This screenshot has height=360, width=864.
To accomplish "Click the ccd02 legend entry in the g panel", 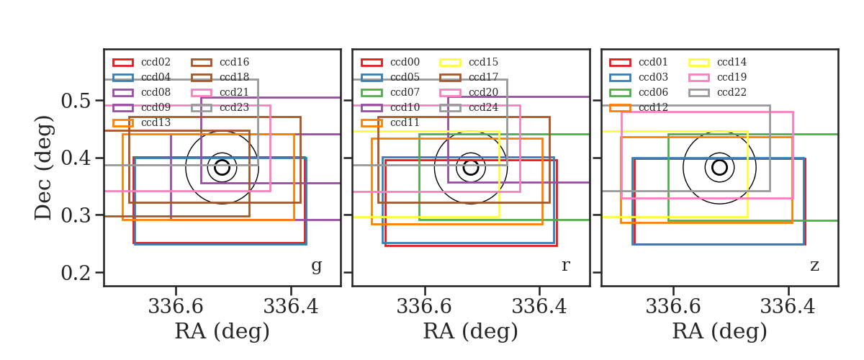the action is tap(142, 62).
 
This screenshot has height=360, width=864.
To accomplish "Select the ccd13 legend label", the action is tap(156, 122).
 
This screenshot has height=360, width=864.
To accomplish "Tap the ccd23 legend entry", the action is tap(220, 107).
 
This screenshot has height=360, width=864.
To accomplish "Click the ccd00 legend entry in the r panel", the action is tap(390, 62).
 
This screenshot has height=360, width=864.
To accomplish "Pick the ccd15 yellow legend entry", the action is tap(469, 62).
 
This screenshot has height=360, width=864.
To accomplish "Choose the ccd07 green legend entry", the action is tap(390, 92).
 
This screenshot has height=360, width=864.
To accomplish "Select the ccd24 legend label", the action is tap(483, 107).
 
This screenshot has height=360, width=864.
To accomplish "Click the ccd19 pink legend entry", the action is tap(717, 77).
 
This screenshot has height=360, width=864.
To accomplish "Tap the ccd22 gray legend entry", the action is tap(717, 92).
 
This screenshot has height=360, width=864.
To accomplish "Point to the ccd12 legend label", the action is tap(653, 107).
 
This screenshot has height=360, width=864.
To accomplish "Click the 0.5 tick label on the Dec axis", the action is tap(76, 101).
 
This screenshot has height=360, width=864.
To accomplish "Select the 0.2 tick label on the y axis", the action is tap(76, 273).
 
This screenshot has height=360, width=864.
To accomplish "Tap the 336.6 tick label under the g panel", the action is tap(176, 307).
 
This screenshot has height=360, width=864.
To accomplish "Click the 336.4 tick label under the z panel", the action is tap(788, 307).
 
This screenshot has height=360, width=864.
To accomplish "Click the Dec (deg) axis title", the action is tap(42, 168).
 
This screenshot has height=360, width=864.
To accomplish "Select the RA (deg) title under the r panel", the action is tap(471, 331).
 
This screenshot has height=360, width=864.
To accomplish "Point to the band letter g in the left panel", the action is tap(316, 266).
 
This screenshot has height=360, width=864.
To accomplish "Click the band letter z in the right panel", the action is tap(814, 266).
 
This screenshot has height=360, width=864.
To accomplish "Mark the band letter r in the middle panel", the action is tap(565, 266).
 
